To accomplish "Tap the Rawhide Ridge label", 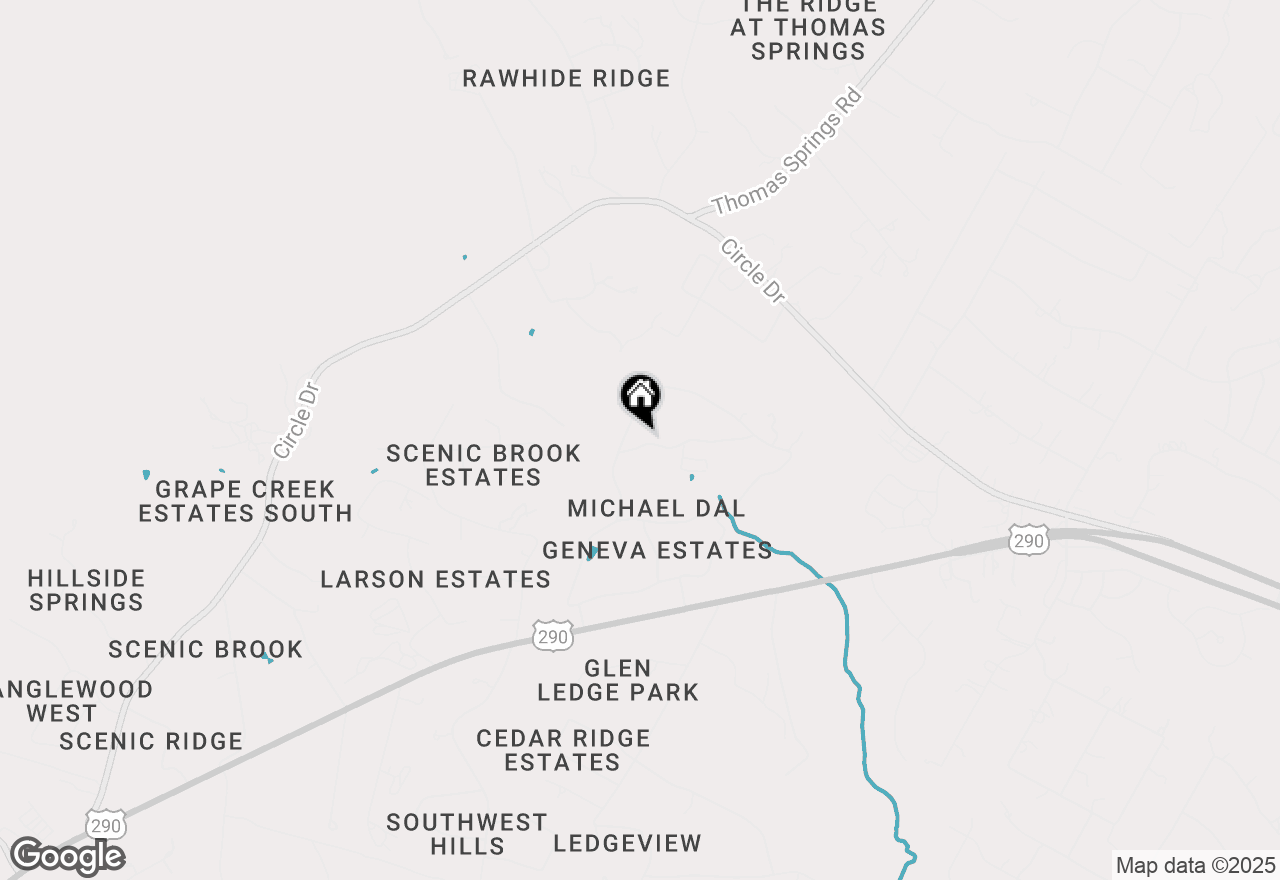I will pos(566,78).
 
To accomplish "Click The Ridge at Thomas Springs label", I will pos(807,28).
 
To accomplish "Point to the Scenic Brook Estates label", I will pos(484,465).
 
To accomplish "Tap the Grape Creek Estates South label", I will pos(245,501).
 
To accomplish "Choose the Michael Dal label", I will pos(656,508).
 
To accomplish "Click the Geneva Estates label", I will pos(657,550).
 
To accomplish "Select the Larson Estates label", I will pos(435,579).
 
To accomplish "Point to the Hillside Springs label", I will pos(87,590).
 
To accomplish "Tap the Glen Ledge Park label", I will pos(618,680).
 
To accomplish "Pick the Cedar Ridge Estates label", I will pos(563,750).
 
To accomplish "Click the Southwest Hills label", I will pos(467,834).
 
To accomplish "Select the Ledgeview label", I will pos(628,843).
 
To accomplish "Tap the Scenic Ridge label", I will pos(151,741).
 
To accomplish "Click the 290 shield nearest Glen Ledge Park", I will pos(552,635).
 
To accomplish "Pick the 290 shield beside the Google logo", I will pos(106,825).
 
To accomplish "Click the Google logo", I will pos(67,857).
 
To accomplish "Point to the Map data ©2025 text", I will pos(1195,865).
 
